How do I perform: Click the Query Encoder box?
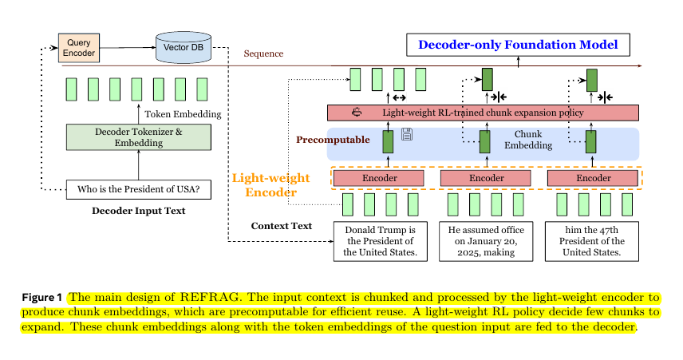(x=78, y=48)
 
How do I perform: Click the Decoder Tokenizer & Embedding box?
(x=139, y=137)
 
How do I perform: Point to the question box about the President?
(x=138, y=189)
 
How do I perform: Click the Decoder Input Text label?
(x=138, y=211)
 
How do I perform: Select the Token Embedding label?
(x=183, y=114)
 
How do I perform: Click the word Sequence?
(x=263, y=54)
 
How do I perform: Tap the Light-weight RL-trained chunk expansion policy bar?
(x=484, y=113)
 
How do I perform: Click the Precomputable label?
(x=333, y=140)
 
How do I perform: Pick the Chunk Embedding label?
(x=527, y=140)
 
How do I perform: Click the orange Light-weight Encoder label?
(x=264, y=185)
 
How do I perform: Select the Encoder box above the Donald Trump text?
(x=377, y=178)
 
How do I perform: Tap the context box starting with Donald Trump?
(x=379, y=241)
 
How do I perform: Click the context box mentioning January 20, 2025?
(x=485, y=241)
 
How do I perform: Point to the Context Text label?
(x=281, y=226)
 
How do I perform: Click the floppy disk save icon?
(x=406, y=134)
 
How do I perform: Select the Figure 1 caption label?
(x=41, y=297)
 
